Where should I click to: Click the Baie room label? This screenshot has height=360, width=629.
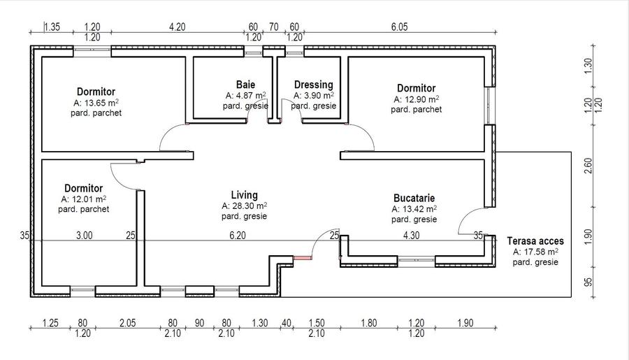[245, 85]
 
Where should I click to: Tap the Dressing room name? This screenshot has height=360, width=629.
[314, 85]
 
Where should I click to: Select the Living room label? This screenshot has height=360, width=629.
[245, 195]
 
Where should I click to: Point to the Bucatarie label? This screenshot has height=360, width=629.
[414, 198]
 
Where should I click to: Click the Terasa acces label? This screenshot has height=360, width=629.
[535, 240]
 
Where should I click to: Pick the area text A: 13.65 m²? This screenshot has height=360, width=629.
[96, 102]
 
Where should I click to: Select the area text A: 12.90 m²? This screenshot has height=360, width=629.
[417, 99]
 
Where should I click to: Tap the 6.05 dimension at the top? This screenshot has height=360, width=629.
[399, 27]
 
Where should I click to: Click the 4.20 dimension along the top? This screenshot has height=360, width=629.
[177, 27]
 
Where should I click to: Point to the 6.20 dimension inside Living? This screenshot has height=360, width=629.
[238, 235]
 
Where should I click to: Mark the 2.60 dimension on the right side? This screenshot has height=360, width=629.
[588, 166]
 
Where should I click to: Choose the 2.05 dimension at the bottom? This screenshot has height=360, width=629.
[128, 323]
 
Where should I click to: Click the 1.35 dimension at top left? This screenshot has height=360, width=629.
[52, 27]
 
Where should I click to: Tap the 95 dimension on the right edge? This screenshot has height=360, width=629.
[588, 282]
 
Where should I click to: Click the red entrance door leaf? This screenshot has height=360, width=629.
[303, 258]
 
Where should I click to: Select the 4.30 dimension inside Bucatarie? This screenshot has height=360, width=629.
[411, 235]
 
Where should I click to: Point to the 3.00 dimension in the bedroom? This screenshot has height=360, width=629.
[85, 235]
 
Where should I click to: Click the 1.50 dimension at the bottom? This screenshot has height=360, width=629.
[317, 323]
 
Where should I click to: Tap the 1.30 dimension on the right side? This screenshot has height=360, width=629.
[588, 66]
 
